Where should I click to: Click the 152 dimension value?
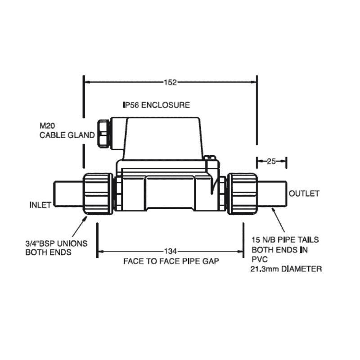coord(171,82)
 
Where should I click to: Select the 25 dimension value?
coord(271,161)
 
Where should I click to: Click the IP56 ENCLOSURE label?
coord(156,105)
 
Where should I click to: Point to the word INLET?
coord(40,205)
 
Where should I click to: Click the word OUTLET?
coord(304,194)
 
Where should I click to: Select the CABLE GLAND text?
coord(67,135)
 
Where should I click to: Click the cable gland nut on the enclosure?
coord(103,133)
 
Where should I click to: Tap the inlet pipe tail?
coord(68,194)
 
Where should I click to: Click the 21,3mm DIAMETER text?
coord(286,269)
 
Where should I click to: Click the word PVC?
coord(259,260)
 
